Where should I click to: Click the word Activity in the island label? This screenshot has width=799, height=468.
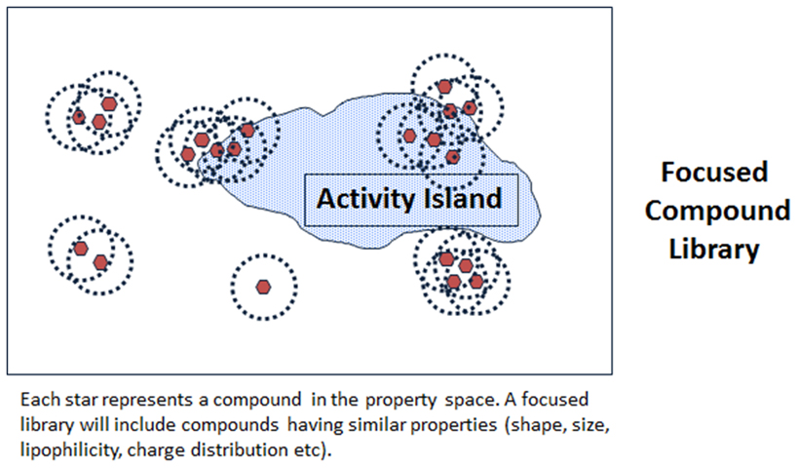(x=365, y=199)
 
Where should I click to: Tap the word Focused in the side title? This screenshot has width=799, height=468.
(x=714, y=172)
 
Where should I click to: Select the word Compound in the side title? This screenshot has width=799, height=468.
(x=717, y=211)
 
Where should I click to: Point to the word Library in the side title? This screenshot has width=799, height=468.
(x=714, y=250)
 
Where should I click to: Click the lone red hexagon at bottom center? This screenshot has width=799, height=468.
(x=263, y=287)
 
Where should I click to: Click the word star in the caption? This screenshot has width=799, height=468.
(x=80, y=400)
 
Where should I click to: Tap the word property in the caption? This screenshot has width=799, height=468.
(x=400, y=401)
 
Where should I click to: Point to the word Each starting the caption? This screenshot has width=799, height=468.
(x=38, y=399)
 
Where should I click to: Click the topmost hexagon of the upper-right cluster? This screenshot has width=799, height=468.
(x=445, y=87)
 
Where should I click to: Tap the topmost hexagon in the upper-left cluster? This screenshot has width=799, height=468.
(x=109, y=104)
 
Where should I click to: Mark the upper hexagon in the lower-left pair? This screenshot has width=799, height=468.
(x=81, y=249)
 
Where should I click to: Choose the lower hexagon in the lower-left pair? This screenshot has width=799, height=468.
(x=101, y=262)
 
